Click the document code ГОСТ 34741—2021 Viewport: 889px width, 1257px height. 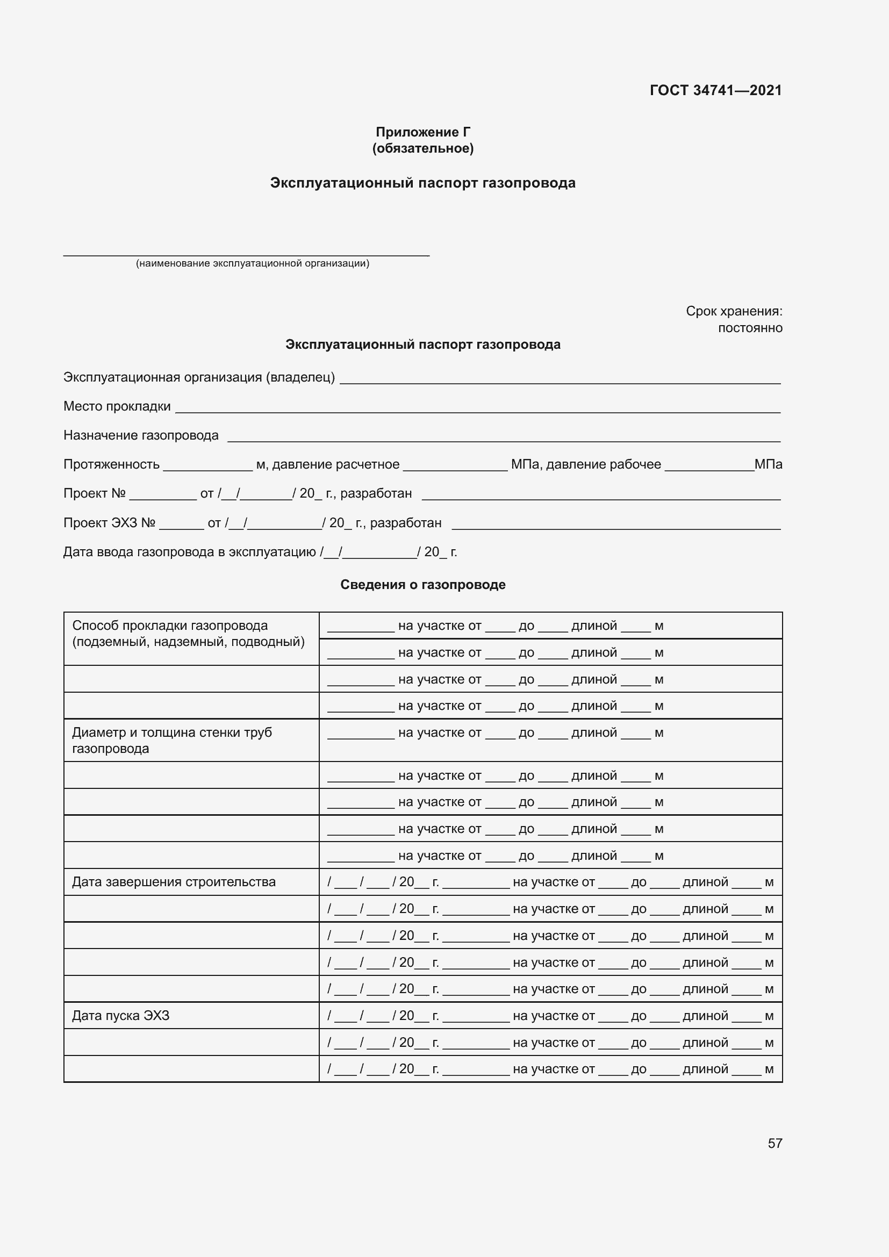715,90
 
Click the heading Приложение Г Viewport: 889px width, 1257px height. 422,132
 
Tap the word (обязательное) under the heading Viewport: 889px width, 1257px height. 422,148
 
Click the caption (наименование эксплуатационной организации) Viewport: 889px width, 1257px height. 253,263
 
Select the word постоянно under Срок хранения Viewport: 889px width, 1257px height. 750,328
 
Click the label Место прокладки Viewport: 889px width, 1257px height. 117,406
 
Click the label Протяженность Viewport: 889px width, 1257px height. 112,464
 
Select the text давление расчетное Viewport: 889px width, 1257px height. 336,464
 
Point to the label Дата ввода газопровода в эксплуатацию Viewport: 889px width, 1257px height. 189,552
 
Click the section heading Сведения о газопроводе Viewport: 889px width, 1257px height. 422,585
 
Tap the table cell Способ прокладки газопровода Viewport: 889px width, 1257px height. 170,626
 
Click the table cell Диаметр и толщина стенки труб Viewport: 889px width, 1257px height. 172,732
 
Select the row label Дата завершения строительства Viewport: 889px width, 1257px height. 174,882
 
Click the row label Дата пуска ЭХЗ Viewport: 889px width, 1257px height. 121,1016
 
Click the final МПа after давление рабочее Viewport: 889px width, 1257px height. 768,464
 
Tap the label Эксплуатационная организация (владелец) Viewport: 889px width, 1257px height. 199,377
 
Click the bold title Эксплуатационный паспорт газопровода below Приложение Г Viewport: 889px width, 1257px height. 422,183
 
